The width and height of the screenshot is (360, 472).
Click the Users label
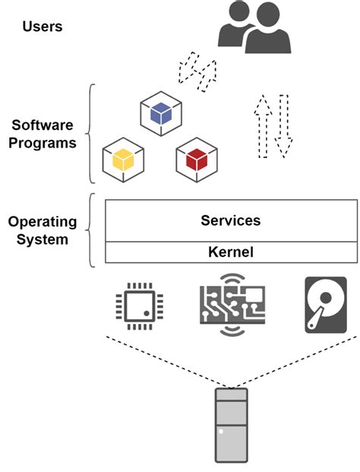(43, 27)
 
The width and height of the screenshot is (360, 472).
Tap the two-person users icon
(254, 28)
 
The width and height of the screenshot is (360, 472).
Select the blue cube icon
(160, 114)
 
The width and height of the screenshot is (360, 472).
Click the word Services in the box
(230, 220)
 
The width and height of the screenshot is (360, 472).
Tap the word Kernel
(230, 252)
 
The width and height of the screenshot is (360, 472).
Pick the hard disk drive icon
(326, 304)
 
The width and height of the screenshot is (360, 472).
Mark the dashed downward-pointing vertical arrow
(284, 125)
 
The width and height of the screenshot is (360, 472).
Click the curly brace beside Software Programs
(93, 134)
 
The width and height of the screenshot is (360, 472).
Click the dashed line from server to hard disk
(296, 360)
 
